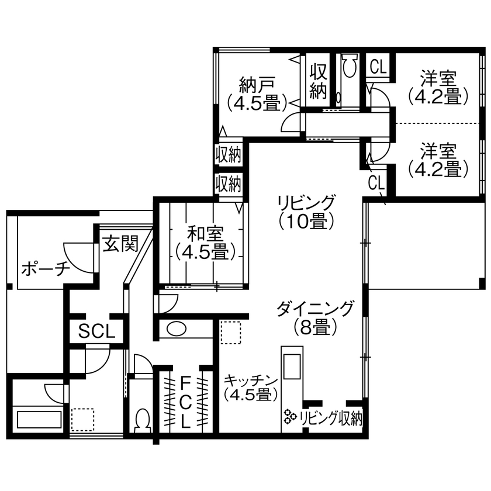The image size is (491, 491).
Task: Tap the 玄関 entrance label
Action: (x=121, y=243)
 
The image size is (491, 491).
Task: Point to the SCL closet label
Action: (x=97, y=331)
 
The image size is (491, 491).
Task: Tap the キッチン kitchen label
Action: (x=250, y=386)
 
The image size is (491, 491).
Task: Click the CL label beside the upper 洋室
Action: (x=378, y=66)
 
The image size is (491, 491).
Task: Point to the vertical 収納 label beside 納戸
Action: (x=318, y=81)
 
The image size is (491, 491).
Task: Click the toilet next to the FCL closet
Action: (x=142, y=420)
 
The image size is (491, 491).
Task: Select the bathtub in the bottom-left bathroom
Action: (x=39, y=420)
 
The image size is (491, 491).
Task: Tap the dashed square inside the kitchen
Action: (x=231, y=333)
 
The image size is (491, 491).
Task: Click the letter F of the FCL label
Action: (x=185, y=383)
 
